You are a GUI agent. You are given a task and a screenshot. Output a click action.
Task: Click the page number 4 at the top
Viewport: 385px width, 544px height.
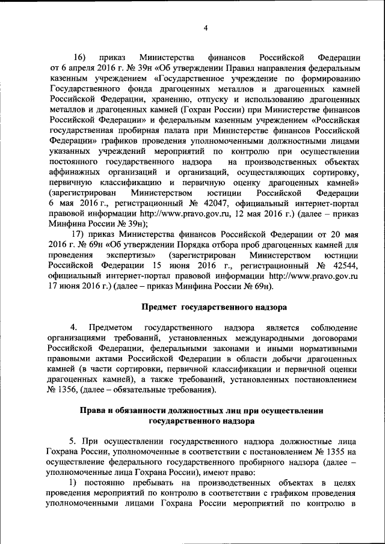[205, 28]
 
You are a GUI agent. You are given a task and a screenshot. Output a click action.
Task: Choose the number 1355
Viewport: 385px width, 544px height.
[333, 452]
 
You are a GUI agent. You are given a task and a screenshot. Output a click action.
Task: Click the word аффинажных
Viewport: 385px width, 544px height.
[75, 171]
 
